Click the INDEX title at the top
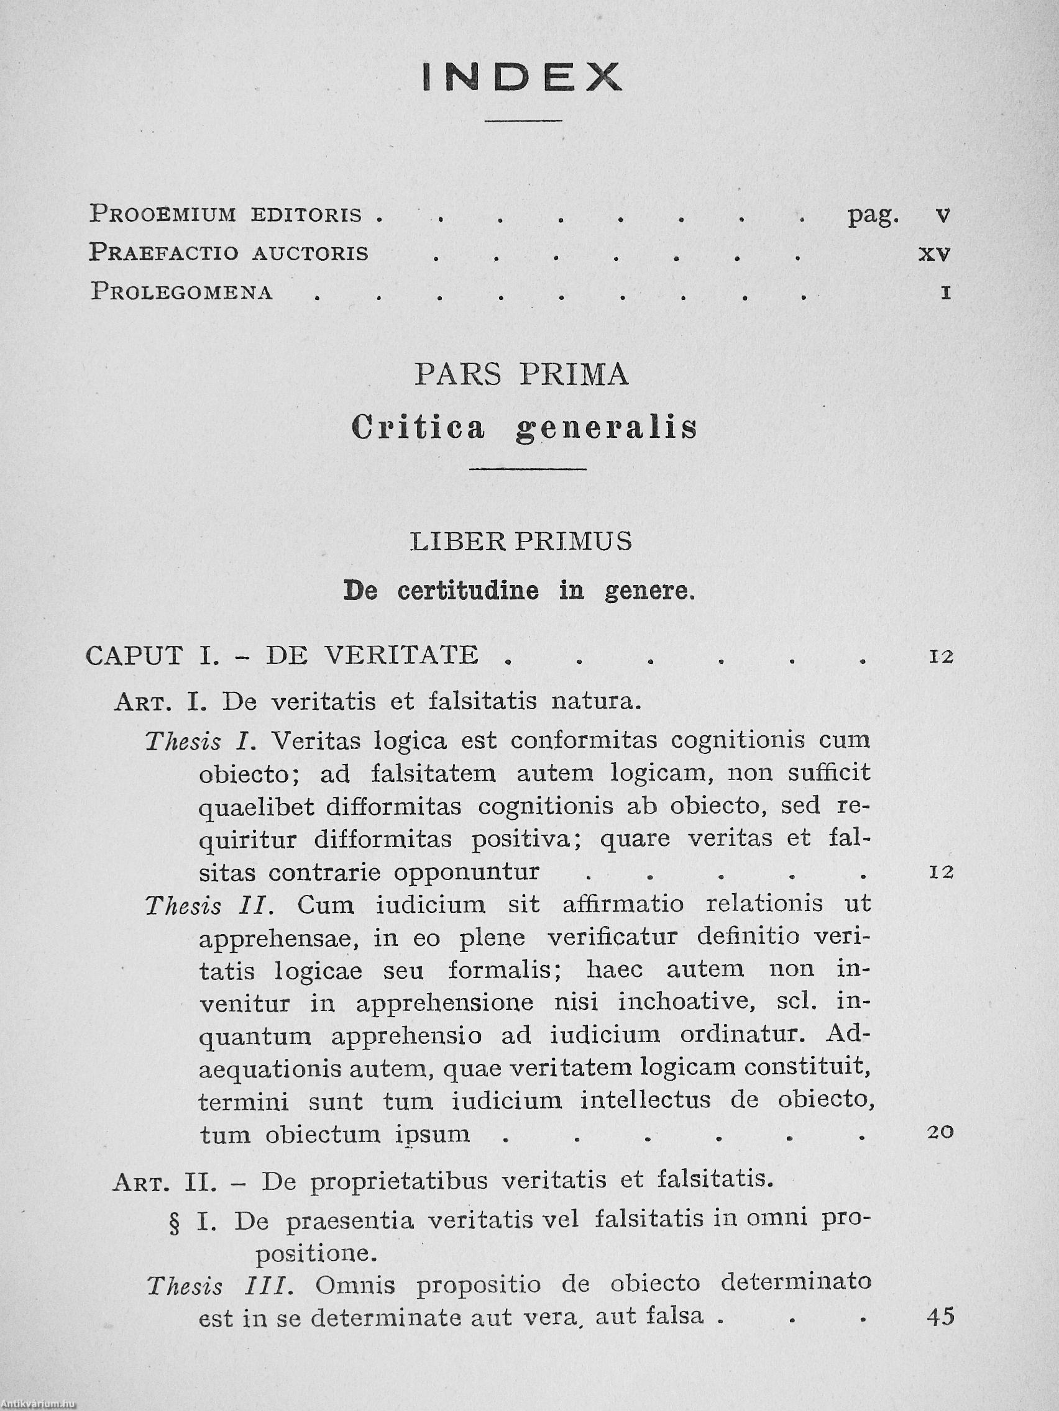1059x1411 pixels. coord(521,77)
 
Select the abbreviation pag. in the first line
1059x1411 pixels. coord(873,216)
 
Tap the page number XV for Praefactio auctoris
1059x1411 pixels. coord(935,254)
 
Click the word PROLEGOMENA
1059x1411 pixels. coord(182,291)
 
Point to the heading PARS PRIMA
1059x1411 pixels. coord(521,374)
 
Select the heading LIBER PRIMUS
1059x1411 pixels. coord(521,541)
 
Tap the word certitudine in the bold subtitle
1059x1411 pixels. coord(469,591)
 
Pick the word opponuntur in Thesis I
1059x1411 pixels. coord(467,872)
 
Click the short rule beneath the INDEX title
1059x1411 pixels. coord(523,120)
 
